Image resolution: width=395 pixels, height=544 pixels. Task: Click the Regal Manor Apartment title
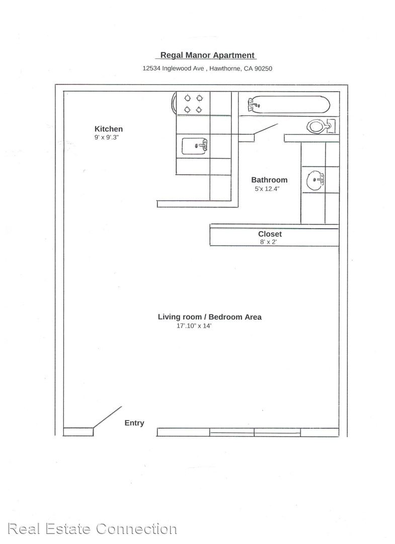(207, 55)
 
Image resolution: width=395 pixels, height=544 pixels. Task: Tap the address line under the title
(207, 69)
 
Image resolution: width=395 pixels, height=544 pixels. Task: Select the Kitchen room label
(109, 129)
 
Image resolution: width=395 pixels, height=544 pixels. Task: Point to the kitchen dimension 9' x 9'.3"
(107, 138)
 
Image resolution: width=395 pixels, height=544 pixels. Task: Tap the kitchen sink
(195, 146)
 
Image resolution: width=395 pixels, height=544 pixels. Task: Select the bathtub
(289, 104)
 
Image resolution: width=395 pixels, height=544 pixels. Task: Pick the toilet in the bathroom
(321, 126)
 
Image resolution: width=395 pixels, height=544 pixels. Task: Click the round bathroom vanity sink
(315, 180)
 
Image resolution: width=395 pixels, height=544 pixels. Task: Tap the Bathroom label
(269, 180)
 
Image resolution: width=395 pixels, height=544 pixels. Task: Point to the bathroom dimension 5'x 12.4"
(267, 189)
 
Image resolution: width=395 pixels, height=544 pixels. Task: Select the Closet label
(270, 234)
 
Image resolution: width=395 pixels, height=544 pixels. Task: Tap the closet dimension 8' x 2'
(269, 242)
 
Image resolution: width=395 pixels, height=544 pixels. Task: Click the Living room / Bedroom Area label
(210, 317)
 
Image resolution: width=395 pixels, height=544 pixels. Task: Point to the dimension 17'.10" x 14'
(194, 326)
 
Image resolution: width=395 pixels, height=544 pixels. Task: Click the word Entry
(134, 423)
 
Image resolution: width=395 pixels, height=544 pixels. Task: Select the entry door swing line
(107, 417)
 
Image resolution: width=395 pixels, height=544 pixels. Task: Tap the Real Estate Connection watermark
(93, 529)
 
